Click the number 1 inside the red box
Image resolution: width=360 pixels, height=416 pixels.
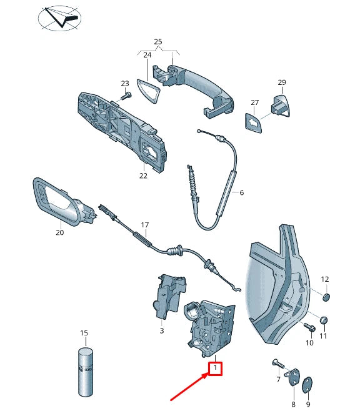pos(215,369)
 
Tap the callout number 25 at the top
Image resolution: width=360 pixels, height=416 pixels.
pos(158,42)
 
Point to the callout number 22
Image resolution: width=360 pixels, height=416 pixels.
pos(143,176)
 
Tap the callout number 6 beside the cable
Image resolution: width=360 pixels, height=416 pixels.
pos(241,192)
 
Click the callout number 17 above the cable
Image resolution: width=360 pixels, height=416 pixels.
pos(145,225)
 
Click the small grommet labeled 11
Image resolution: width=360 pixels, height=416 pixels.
pos(324,321)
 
